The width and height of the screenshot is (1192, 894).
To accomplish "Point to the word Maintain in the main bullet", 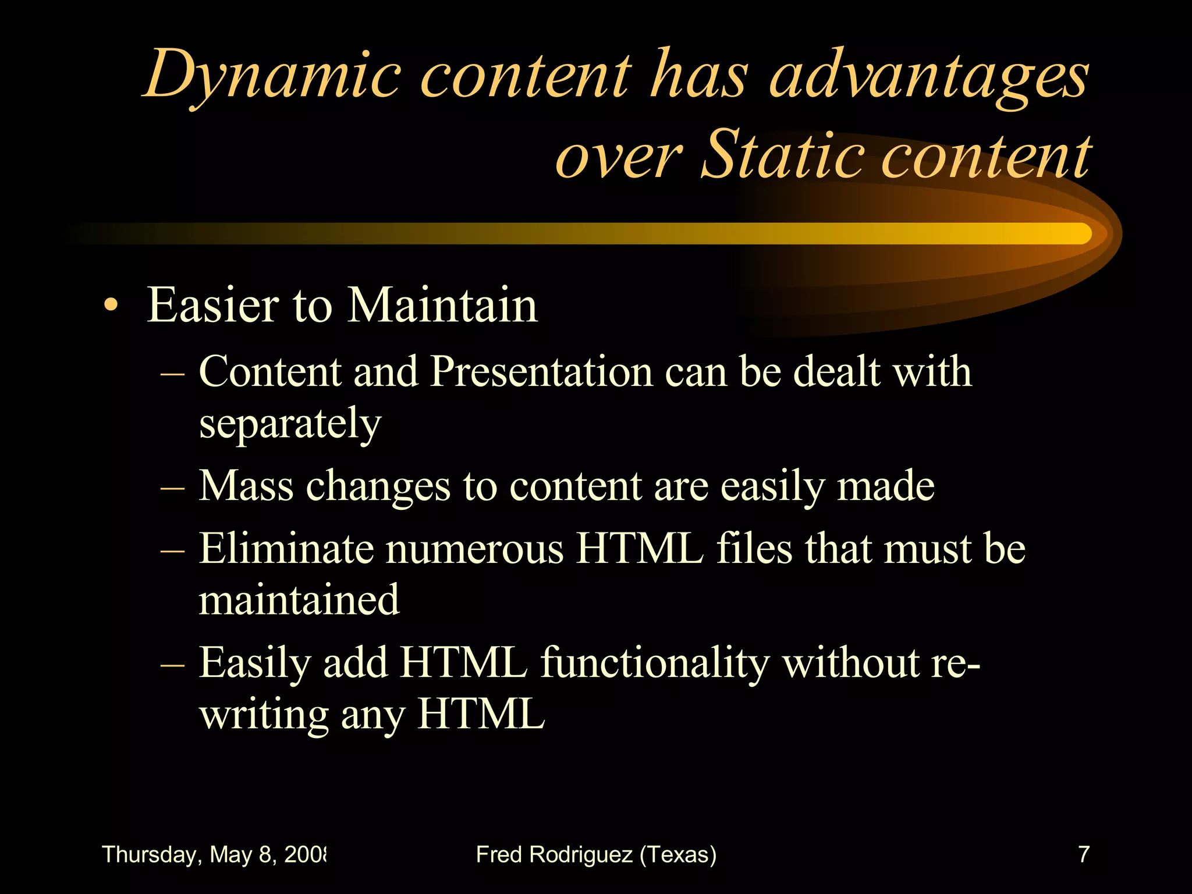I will pos(442,305).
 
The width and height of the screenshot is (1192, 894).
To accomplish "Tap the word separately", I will pos(290,424).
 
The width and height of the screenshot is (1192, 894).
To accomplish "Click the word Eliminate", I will pos(285,548).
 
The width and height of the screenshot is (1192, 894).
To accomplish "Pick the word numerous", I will pos(474,548).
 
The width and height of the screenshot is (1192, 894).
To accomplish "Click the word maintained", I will pos(299,600).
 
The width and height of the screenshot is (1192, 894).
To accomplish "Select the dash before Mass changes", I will pos(172,488).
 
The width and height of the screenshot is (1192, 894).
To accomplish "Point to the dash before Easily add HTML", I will pos(172,665).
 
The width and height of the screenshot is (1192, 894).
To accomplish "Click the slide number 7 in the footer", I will pos(1083,854).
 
